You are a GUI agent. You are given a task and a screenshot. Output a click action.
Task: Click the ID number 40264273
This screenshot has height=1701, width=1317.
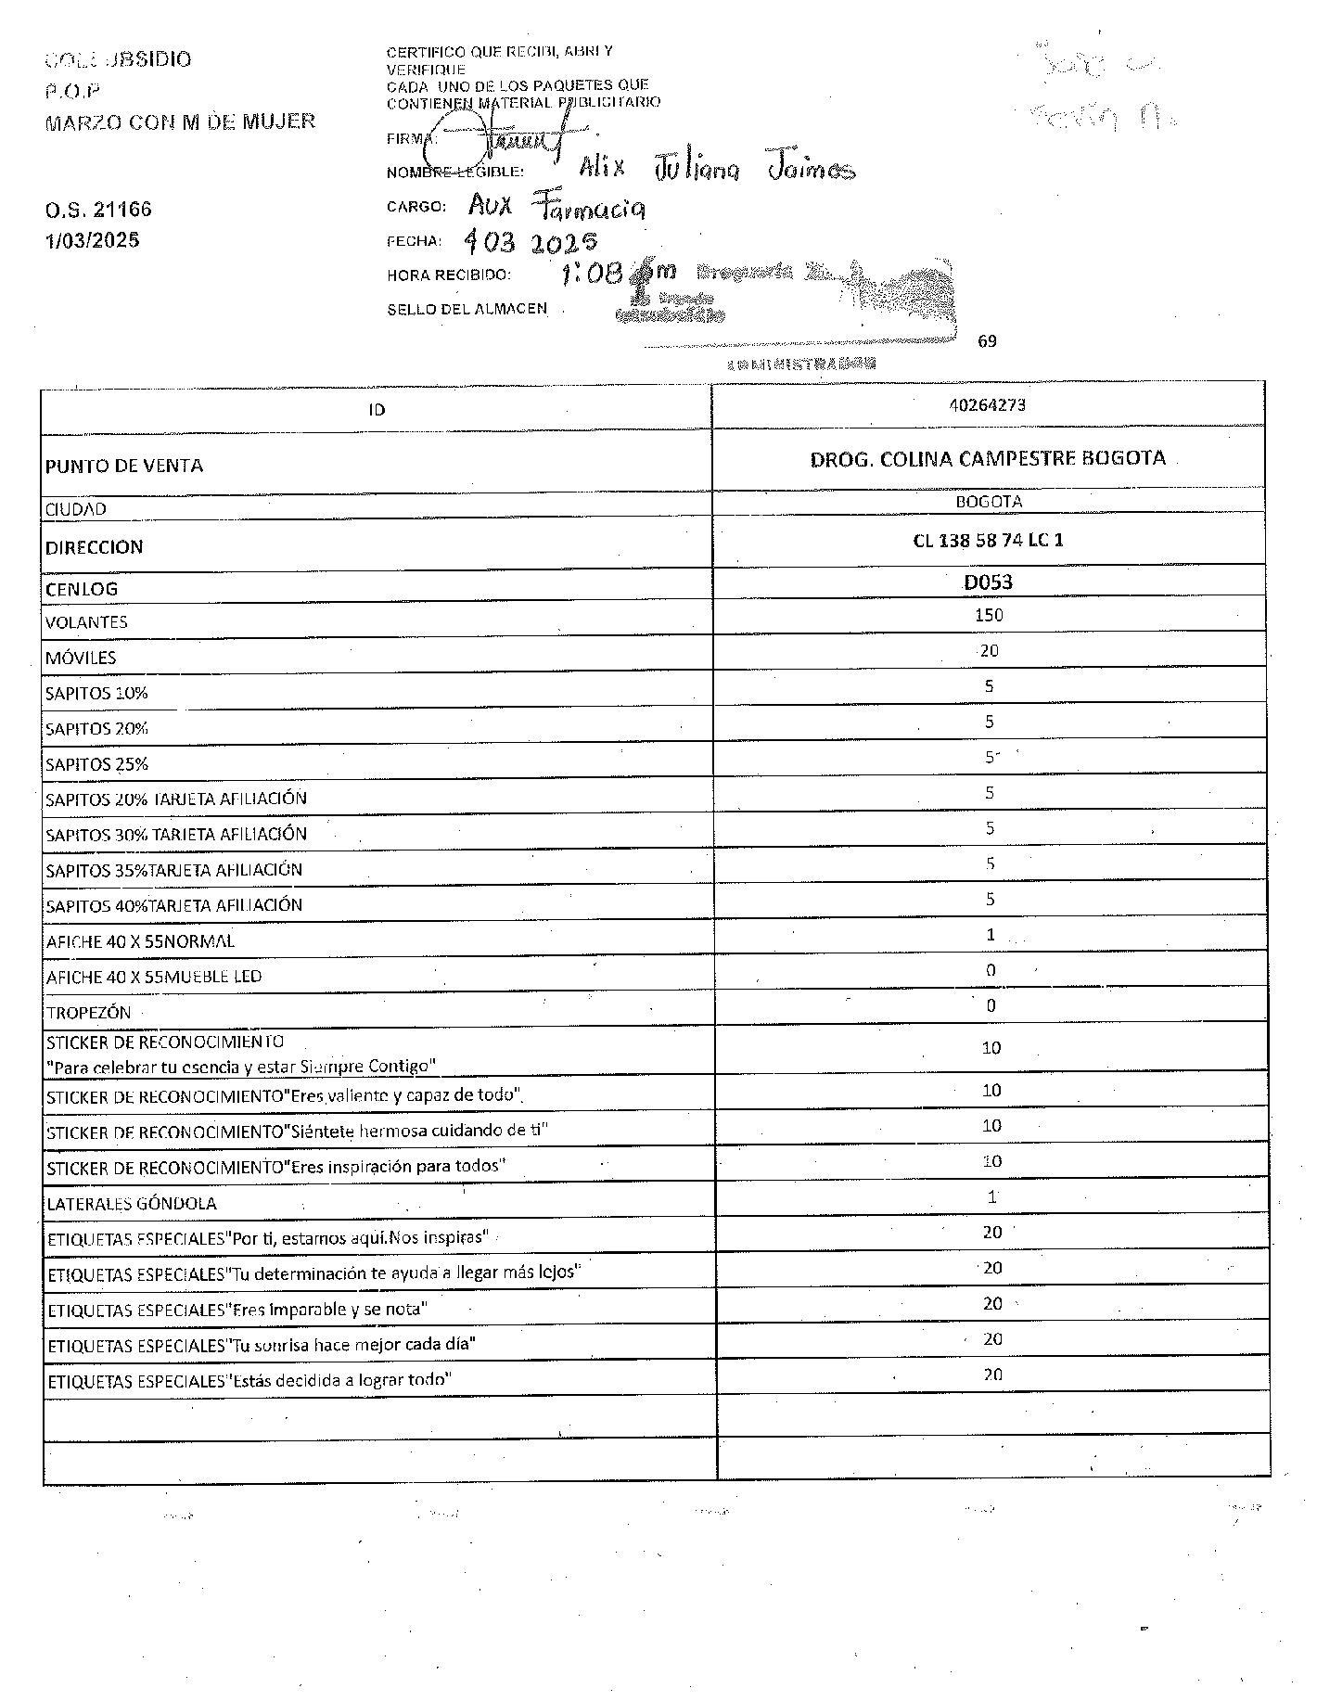click(987, 405)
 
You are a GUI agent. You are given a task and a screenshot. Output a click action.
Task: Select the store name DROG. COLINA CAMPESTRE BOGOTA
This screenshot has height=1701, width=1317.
click(987, 458)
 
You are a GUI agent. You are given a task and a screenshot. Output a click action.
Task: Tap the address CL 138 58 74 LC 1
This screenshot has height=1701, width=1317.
click(988, 540)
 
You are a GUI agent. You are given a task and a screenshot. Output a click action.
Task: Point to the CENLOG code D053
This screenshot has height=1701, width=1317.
click(988, 582)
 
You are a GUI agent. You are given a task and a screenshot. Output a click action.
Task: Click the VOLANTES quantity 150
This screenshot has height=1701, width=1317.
click(989, 615)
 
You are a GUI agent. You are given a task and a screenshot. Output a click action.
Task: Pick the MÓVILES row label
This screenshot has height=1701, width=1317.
click(81, 659)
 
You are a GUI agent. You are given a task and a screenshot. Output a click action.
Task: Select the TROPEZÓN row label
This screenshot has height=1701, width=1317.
click(89, 1013)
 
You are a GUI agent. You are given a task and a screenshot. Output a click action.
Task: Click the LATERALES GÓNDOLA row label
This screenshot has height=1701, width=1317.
click(132, 1204)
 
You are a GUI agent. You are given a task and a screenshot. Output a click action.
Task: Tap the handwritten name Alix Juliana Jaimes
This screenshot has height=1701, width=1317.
click(716, 169)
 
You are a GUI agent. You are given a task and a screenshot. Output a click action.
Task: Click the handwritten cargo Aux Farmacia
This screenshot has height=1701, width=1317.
click(556, 206)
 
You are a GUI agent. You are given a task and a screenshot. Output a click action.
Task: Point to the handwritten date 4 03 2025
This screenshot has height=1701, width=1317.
click(531, 243)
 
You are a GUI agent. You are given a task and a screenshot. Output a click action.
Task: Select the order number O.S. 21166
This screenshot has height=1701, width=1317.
click(98, 210)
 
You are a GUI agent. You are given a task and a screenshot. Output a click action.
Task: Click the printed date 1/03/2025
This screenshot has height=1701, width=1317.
click(93, 240)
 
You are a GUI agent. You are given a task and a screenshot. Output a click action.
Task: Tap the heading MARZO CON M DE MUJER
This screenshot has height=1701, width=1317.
click(180, 121)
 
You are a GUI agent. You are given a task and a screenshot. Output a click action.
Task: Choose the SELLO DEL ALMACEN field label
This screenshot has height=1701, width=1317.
click(467, 309)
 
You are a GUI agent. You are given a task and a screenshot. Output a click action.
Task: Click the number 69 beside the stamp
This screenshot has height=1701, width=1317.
click(987, 341)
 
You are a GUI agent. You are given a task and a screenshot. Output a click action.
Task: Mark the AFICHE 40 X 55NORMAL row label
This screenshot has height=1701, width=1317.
click(140, 941)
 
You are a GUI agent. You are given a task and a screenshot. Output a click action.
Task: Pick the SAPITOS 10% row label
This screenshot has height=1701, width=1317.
click(96, 694)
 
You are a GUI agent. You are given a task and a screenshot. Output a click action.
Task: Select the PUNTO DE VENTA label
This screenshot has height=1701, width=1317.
click(124, 466)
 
